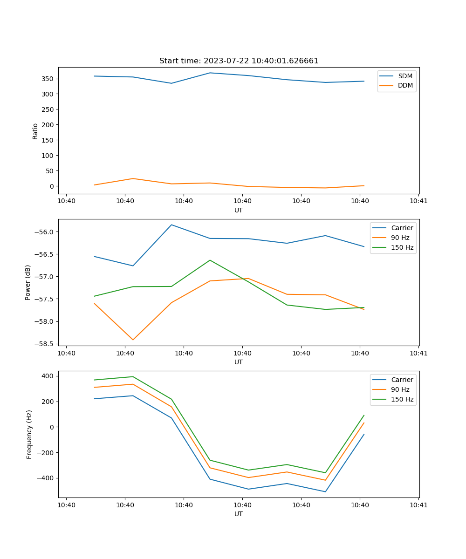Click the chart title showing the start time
(239, 61)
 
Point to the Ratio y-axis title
(35, 131)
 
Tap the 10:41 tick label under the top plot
(418, 201)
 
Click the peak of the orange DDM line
(133, 178)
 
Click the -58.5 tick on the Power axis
(46, 344)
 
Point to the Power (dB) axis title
(28, 282)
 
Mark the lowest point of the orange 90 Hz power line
(133, 340)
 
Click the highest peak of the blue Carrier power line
(171, 225)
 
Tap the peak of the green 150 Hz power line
(210, 260)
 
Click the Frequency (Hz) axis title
(29, 434)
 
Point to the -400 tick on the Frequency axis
(47, 478)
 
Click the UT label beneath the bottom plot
(239, 514)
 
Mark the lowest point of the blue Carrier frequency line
(325, 491)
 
